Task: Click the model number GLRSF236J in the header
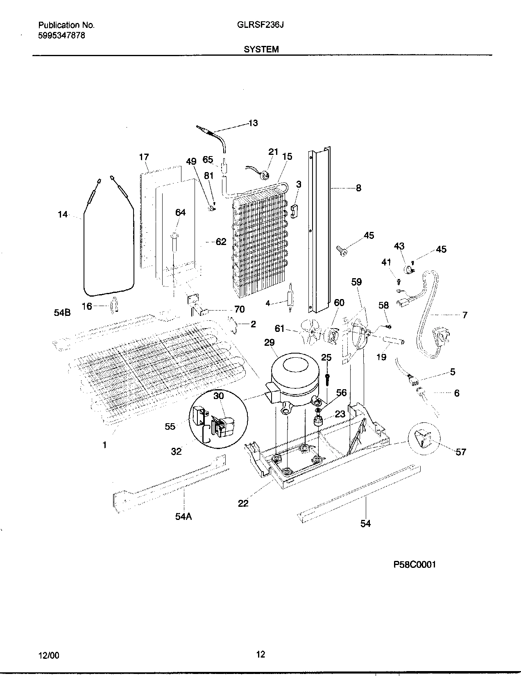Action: click(x=261, y=25)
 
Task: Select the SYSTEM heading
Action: click(x=261, y=50)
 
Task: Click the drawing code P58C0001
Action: click(x=415, y=565)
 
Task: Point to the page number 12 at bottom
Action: click(x=260, y=654)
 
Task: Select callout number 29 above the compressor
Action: click(x=269, y=343)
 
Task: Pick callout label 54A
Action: click(x=183, y=517)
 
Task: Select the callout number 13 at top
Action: click(x=253, y=123)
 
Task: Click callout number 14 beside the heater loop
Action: click(x=62, y=214)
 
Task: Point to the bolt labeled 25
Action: click(x=328, y=379)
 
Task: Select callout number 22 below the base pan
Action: click(x=243, y=503)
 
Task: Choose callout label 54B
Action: click(x=62, y=313)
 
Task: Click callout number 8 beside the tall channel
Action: click(x=358, y=188)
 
